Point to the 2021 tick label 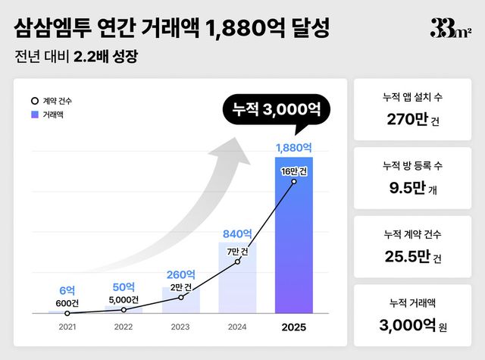[67, 328]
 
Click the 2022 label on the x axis [124, 328]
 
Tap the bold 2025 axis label [294, 328]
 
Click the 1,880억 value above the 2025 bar [294, 147]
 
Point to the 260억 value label [180, 274]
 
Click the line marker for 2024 [237, 261]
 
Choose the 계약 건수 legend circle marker [34, 101]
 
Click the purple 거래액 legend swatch [34, 115]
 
